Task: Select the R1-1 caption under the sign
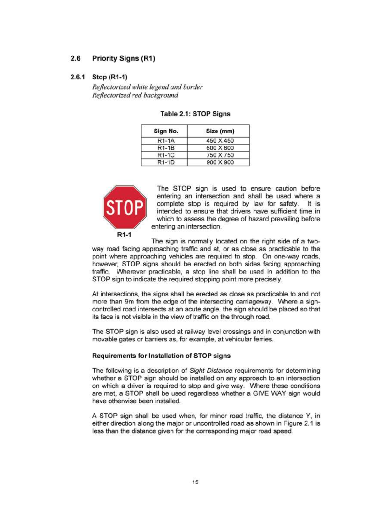tap(124, 234)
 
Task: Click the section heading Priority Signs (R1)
tap(123, 59)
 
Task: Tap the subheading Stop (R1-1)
tap(110, 77)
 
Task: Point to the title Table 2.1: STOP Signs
tap(195, 114)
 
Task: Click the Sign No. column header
tap(166, 131)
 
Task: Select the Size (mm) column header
tap(220, 131)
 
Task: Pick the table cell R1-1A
tap(166, 141)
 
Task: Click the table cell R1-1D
tap(166, 162)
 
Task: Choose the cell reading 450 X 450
tap(220, 141)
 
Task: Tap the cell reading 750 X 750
tap(220, 155)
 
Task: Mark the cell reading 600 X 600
tap(220, 148)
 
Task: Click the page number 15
tap(195, 482)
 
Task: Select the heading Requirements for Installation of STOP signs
tap(161, 356)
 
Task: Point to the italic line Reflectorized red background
tap(135, 95)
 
